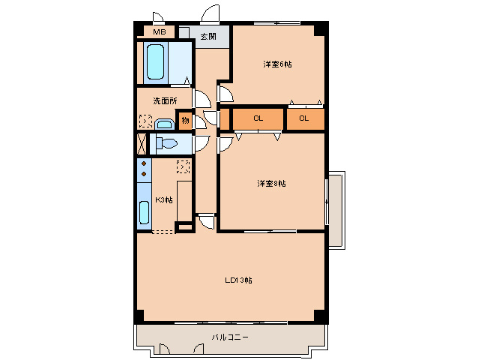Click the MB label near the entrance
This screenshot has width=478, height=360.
click(x=159, y=32)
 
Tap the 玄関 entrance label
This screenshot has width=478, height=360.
click(x=208, y=36)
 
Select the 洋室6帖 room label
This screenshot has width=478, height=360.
click(x=277, y=64)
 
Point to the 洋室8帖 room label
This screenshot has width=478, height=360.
click(x=271, y=183)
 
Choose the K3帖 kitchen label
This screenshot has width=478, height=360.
click(x=163, y=199)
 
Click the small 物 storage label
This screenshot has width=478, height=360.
click(x=184, y=120)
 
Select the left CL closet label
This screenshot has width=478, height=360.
click(x=258, y=118)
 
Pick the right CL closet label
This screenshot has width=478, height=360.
click(x=304, y=118)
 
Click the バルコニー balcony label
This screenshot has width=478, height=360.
click(x=229, y=337)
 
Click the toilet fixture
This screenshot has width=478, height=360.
click(x=166, y=144)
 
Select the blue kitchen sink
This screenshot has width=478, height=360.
click(x=144, y=213)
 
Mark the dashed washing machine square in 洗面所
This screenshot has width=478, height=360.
click(x=145, y=121)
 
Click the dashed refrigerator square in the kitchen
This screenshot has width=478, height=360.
click(x=184, y=166)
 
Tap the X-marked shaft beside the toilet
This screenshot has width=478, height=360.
click(x=142, y=143)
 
